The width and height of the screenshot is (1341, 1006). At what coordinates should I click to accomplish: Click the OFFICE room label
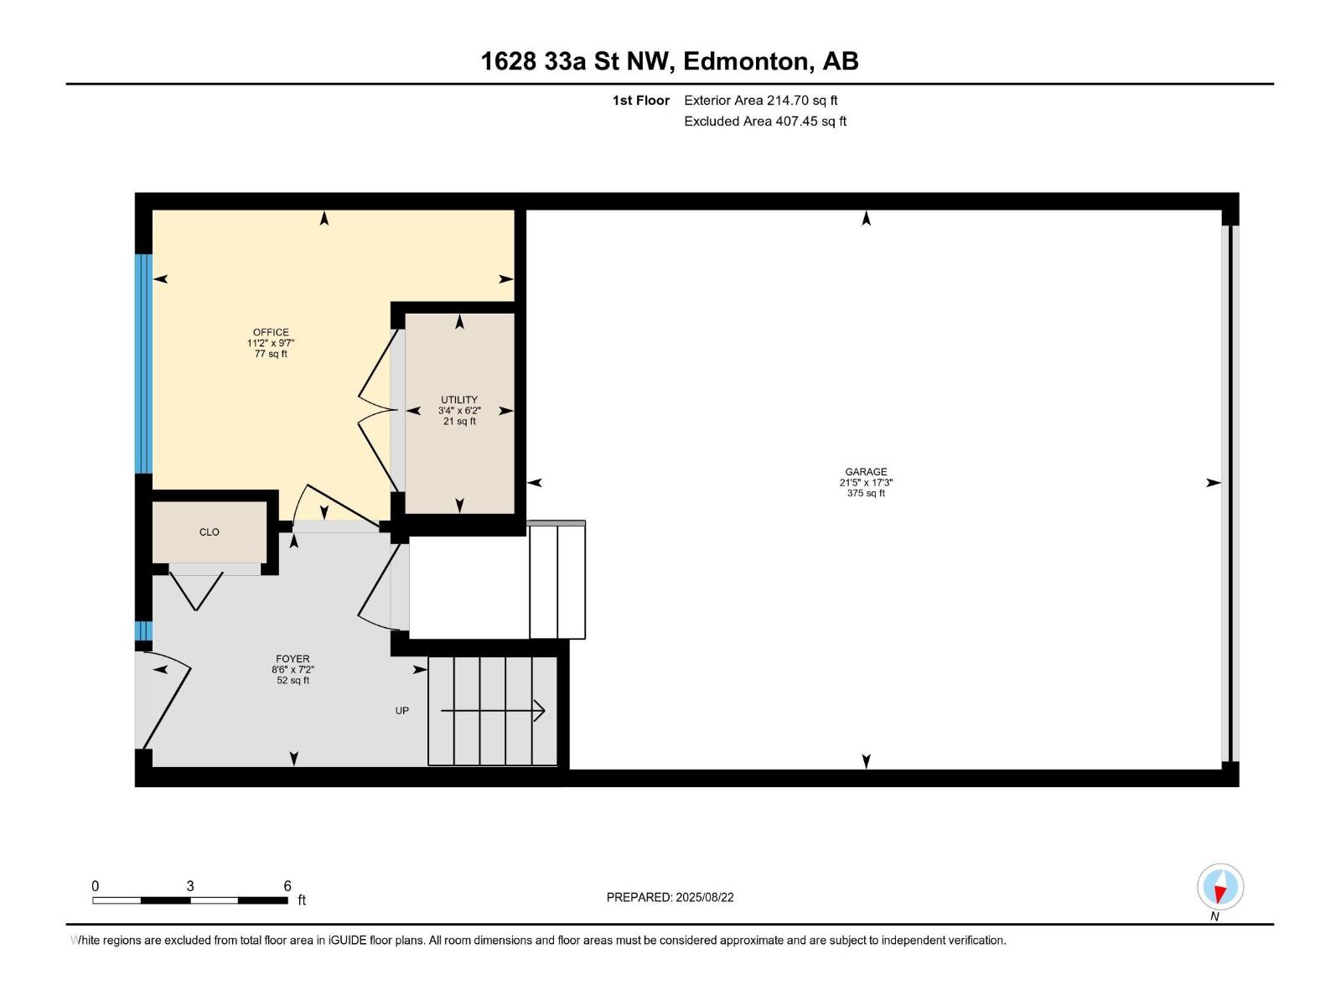tap(271, 333)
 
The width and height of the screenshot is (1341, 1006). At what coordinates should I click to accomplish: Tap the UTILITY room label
tap(459, 400)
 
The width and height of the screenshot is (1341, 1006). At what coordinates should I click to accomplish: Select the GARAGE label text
tap(866, 472)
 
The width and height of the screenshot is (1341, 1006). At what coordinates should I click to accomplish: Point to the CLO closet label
tap(210, 532)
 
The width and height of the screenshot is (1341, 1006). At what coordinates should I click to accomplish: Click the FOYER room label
tap(293, 659)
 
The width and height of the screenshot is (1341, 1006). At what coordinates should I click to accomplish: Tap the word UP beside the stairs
tap(402, 711)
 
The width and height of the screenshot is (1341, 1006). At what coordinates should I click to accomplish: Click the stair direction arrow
tap(494, 712)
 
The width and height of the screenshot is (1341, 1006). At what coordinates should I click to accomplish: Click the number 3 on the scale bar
tap(190, 886)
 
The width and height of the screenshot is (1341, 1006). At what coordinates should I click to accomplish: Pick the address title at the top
tap(670, 61)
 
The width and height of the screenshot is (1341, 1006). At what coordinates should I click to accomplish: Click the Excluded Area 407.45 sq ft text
tap(765, 122)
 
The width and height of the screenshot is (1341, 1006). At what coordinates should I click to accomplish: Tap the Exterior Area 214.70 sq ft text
tap(761, 101)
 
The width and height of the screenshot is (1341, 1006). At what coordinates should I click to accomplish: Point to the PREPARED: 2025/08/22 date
tap(670, 897)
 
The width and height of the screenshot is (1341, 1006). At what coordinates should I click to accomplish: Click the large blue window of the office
tap(144, 363)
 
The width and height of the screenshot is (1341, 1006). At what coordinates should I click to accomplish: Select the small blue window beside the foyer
tap(144, 630)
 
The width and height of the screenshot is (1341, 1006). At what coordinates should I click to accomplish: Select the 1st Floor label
tap(641, 101)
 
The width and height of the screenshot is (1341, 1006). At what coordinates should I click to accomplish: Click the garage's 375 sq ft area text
tap(866, 494)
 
